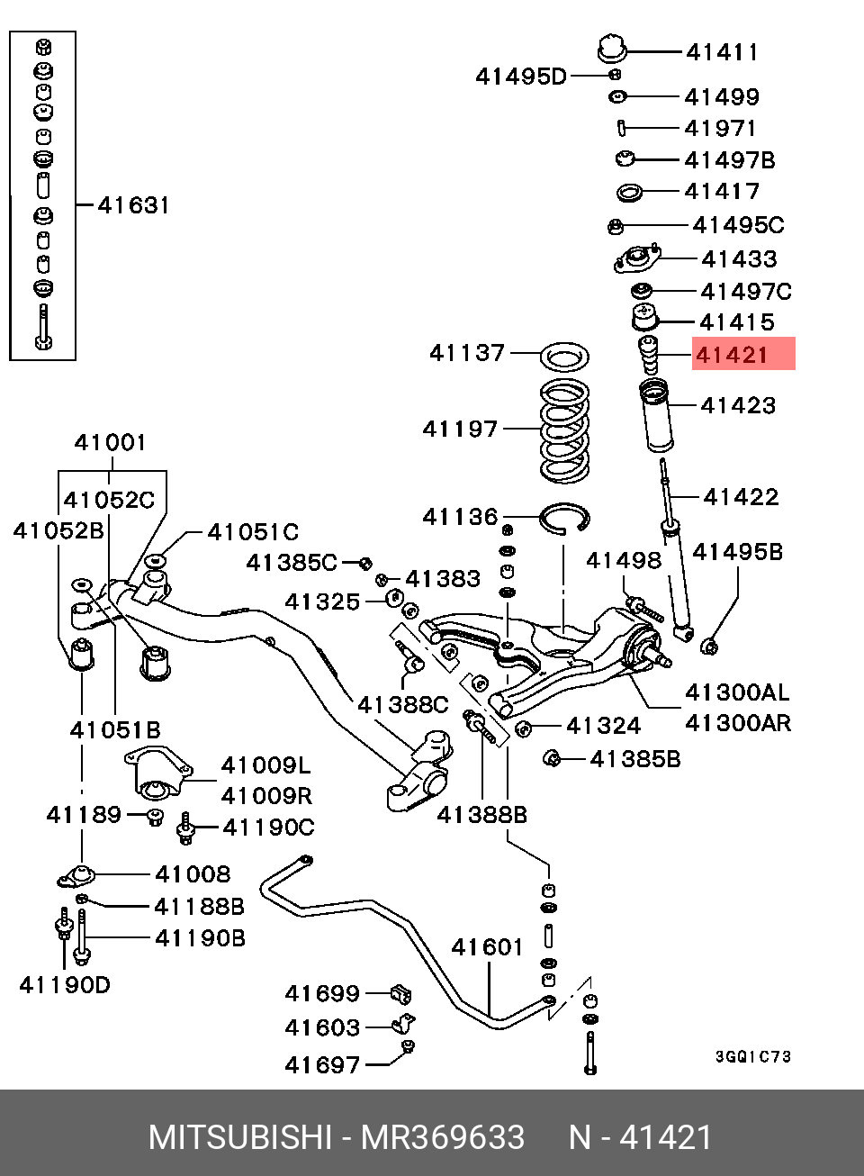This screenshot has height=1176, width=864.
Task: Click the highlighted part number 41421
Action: point(733,355)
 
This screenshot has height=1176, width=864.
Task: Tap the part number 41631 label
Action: point(133,205)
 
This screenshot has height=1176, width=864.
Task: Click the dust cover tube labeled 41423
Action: point(654,415)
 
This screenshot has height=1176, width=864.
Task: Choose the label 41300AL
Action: point(737,692)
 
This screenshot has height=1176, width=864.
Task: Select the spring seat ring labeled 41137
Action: point(563,357)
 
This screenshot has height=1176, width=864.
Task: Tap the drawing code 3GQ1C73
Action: point(753,1056)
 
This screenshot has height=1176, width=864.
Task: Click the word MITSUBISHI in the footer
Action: point(239,1138)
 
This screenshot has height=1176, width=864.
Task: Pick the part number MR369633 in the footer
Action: point(443,1138)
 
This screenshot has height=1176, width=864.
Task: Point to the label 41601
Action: point(487,947)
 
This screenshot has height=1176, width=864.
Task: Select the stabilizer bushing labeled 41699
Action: point(400,995)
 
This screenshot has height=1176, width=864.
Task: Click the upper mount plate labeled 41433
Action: point(637,260)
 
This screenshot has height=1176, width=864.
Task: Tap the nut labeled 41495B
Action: point(708,645)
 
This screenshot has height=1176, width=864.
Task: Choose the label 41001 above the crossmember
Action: point(110,442)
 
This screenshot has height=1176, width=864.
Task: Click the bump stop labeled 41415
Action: point(643,320)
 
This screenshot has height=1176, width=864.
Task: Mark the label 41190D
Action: point(65,985)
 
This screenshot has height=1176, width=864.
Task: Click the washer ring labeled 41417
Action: point(629,192)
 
